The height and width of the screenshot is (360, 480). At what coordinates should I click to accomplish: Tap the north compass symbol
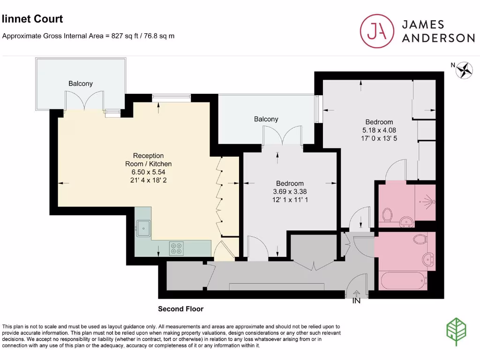[x=464, y=70]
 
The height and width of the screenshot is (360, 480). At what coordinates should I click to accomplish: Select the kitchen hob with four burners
[x=176, y=248]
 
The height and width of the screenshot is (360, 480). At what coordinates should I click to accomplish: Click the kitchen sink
[x=143, y=229]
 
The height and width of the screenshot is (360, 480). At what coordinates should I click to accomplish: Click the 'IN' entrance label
[x=356, y=301]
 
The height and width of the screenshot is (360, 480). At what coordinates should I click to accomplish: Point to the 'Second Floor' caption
[x=180, y=309]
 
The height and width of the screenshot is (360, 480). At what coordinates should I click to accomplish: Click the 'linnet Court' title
[x=32, y=19]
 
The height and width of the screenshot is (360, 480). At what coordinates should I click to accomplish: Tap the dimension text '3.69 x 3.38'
[x=290, y=191]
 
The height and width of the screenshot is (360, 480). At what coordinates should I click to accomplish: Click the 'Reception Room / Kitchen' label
[x=148, y=160]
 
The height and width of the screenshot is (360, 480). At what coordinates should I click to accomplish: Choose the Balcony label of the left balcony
[x=81, y=83]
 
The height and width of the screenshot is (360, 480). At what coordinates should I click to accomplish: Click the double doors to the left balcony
[x=83, y=100]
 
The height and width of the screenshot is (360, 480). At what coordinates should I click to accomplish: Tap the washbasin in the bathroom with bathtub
[x=427, y=258]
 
